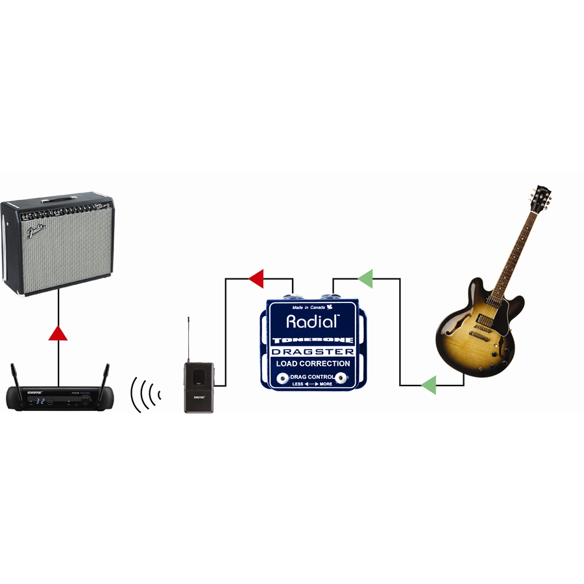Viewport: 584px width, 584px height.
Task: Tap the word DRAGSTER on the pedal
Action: [x=312, y=352]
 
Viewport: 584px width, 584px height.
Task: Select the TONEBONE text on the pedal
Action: [x=312, y=340]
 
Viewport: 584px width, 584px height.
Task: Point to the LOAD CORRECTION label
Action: [x=312, y=363]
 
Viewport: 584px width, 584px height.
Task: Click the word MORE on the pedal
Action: [x=326, y=384]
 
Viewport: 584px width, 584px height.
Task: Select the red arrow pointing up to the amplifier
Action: [x=58, y=334]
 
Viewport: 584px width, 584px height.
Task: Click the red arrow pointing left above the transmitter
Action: [x=256, y=279]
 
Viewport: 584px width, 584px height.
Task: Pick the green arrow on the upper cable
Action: [x=365, y=279]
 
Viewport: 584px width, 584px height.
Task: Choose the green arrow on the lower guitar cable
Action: [x=428, y=385]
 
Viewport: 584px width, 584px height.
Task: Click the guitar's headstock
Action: [x=541, y=197]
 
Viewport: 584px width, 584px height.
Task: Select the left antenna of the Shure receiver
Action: [x=13, y=376]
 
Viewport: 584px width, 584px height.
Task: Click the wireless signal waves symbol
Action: [x=145, y=393]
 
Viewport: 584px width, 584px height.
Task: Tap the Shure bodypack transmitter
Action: [x=199, y=387]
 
